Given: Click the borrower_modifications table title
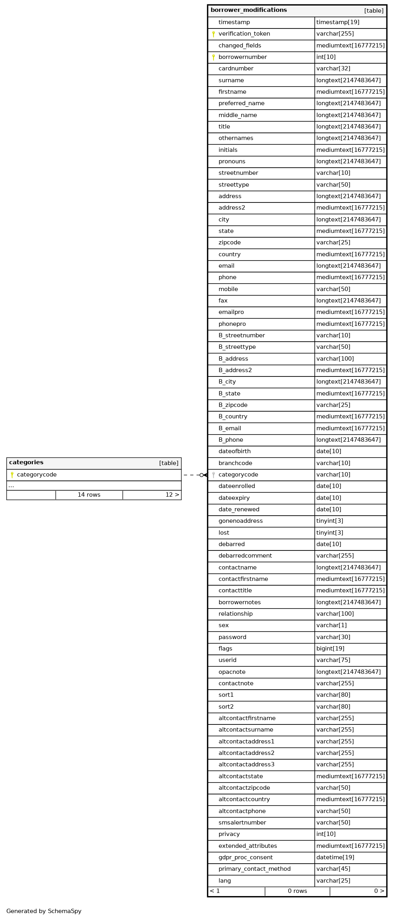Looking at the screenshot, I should click(249, 10).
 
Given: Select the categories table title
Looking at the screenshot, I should click(27, 463).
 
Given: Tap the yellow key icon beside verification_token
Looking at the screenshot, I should click(213, 34).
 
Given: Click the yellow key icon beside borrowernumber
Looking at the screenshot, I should click(213, 57).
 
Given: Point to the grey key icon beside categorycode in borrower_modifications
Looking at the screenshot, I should click(213, 475).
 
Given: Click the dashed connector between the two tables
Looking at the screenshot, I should click(192, 475).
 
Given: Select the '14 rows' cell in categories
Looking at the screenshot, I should click(89, 495).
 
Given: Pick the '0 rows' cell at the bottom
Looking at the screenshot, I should click(297, 891).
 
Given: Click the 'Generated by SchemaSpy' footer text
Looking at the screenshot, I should click(44, 911).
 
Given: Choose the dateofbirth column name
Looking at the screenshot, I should click(234, 452).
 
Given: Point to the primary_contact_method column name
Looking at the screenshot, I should click(254, 869).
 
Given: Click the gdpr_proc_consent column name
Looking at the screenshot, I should click(246, 858).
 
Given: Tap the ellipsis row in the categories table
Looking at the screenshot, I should click(11, 486).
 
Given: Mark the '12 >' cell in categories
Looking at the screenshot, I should click(172, 495).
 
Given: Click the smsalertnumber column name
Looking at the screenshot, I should click(242, 823).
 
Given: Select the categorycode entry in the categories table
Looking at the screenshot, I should click(37, 475).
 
